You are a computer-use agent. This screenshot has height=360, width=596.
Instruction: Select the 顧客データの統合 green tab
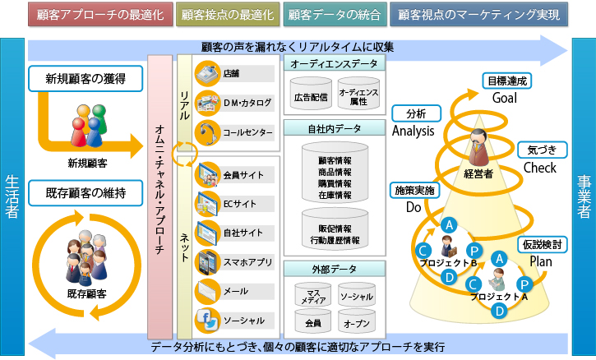[333, 15]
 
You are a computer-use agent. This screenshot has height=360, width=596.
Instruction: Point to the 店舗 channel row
[233, 73]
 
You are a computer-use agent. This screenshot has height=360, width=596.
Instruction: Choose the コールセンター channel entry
[233, 131]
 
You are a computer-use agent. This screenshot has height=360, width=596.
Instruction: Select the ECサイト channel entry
[233, 201]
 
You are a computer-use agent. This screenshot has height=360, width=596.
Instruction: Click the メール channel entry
[233, 292]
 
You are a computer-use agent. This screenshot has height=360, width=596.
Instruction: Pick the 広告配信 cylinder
[310, 96]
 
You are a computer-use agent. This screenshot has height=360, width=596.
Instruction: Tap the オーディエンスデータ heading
[333, 63]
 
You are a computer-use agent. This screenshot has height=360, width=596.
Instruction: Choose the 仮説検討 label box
[541, 245]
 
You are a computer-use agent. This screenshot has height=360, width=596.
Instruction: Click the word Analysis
[414, 131]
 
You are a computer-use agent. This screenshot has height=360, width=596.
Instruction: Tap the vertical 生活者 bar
[12, 196]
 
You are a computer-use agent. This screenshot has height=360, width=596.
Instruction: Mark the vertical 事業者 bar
[582, 196]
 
